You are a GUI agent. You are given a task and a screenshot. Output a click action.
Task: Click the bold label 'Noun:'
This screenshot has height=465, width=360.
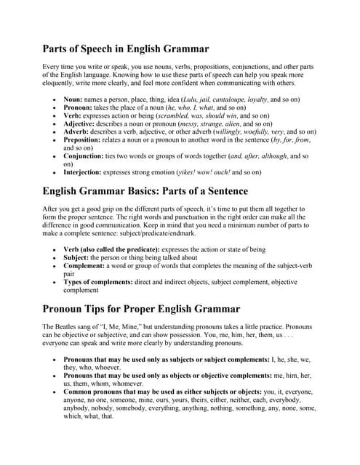pos(73,97)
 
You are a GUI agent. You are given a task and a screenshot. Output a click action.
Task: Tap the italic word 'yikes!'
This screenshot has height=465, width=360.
pos(193,172)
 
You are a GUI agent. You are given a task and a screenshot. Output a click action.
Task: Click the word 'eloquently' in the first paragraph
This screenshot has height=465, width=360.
pos(63,84)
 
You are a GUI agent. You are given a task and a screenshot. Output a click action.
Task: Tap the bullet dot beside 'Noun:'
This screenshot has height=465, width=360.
pos(55,97)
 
